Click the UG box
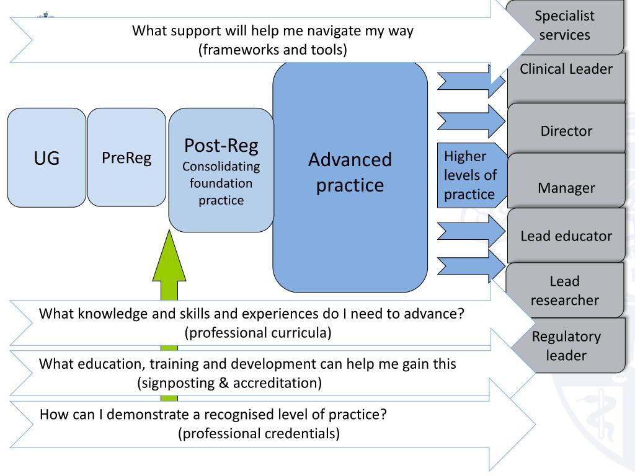47,158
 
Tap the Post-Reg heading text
221,146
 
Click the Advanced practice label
350,172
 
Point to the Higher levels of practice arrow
470,175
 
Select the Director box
566,131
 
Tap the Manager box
566,187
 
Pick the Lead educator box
566,236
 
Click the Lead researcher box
566,291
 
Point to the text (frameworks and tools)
272,50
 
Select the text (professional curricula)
257,332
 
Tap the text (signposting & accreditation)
229,383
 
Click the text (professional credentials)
259,433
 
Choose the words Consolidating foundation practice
221,183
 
